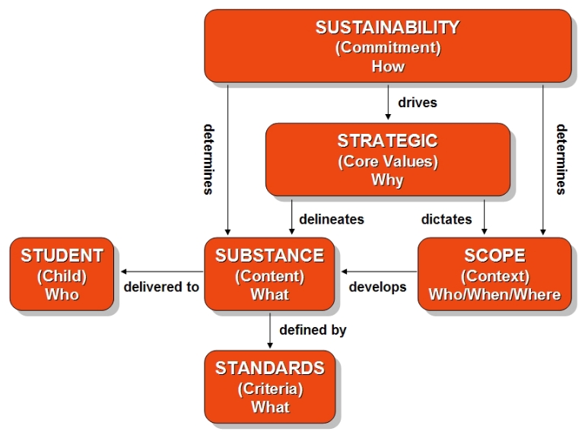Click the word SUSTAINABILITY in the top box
(x=388, y=27)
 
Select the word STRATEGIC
(x=388, y=141)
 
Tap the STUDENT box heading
(x=62, y=256)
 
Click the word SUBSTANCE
(x=270, y=256)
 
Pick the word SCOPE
(x=494, y=256)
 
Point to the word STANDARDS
(x=270, y=369)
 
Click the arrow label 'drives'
(x=418, y=103)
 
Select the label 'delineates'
(x=332, y=219)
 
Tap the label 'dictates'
(x=447, y=219)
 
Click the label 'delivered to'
(x=161, y=287)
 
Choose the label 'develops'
(x=378, y=287)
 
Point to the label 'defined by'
(x=313, y=330)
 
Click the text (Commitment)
(x=388, y=48)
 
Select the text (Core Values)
(x=388, y=162)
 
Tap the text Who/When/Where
(x=494, y=295)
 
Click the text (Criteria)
(x=271, y=389)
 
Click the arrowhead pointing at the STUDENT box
(x=124, y=271)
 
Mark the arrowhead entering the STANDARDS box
(x=270, y=345)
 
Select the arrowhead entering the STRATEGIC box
(x=388, y=117)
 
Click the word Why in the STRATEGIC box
(x=388, y=180)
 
